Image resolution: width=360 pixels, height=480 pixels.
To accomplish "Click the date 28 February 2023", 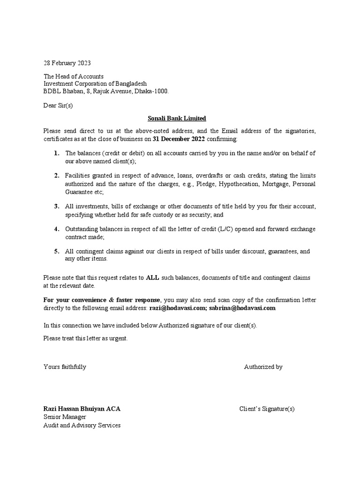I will coord(67,63).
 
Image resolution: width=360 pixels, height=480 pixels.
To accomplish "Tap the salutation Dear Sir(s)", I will coord(58,105).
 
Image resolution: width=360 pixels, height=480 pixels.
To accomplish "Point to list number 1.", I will coord(56,153).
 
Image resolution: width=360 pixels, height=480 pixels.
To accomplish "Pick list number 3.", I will coord(56,206).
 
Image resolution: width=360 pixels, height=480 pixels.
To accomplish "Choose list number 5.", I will coord(56,251).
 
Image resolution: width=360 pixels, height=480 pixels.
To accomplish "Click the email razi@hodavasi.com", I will coord(178,308).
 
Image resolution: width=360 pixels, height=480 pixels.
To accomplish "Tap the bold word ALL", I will coord(153,278).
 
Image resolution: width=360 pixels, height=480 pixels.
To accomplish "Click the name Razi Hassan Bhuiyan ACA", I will coord(82,409).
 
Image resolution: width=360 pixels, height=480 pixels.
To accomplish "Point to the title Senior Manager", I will coord(65,417).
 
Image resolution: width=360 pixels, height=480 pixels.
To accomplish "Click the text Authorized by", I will coord(263,367).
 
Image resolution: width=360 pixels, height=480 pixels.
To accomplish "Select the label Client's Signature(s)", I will coord(267,409).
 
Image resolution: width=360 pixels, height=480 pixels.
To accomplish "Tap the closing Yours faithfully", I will coord(65,367).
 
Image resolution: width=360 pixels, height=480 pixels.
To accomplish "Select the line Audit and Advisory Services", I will coord(82,425).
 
